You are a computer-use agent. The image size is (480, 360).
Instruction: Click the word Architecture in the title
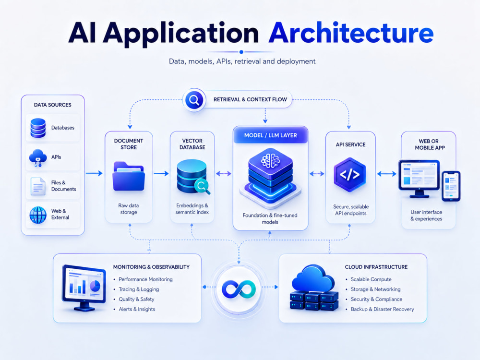(x=351, y=33)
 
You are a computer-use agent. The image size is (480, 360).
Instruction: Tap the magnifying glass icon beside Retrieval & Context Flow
(x=194, y=100)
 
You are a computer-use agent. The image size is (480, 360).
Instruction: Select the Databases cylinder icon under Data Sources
(x=38, y=128)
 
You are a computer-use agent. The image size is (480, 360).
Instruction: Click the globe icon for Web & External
(x=38, y=215)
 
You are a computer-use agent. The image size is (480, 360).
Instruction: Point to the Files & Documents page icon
(x=38, y=186)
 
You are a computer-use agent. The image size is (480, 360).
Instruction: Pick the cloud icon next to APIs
(x=37, y=157)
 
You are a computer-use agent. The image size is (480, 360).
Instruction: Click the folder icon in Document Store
(x=129, y=176)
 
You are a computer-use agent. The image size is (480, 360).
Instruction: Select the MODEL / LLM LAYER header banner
(x=271, y=135)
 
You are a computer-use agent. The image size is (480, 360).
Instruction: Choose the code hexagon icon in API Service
(x=349, y=175)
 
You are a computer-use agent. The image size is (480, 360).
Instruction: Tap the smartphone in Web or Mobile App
(x=451, y=186)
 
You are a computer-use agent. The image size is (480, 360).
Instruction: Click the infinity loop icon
(x=239, y=289)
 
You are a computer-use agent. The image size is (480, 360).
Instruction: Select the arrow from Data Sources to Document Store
(x=94, y=173)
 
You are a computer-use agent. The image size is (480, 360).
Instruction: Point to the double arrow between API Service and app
(x=386, y=174)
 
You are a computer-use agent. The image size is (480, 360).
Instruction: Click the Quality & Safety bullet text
(x=136, y=299)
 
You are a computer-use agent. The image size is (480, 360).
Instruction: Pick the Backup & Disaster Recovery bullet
(x=383, y=309)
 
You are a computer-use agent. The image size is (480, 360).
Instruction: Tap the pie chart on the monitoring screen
(x=95, y=286)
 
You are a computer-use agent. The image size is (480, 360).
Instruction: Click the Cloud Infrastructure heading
(x=376, y=267)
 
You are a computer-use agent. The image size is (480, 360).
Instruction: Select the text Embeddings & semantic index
(x=192, y=209)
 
